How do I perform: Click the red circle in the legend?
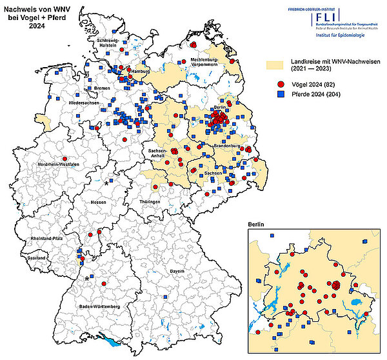(x=281, y=85)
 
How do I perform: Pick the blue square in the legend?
(x=281, y=94)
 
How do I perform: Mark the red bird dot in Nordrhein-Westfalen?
(x=64, y=158)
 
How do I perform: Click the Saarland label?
(x=37, y=257)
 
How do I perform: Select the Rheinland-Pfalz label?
(x=45, y=239)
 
